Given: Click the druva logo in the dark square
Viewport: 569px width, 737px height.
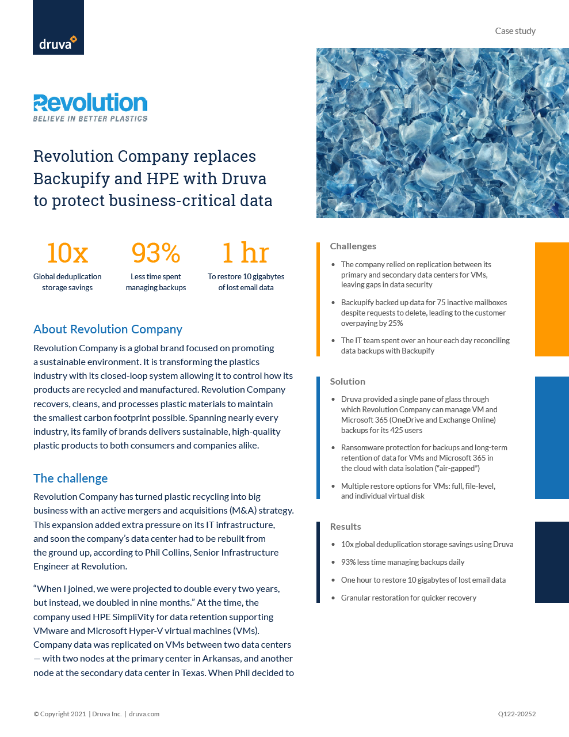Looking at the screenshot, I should coord(58,43).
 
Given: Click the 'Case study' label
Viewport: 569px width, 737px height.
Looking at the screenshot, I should coord(515,31).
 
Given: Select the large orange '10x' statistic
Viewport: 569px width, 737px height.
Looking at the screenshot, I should coord(67,253).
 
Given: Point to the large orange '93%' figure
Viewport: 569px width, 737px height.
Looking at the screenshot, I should coord(156,253).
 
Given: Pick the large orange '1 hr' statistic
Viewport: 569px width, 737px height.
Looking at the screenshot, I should coord(246,253).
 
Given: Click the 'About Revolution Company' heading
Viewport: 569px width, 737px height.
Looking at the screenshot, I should coord(108,329).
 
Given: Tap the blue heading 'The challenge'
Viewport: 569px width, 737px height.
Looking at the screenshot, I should coord(70,478).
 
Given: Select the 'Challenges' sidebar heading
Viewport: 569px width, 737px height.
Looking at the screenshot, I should coord(353,246).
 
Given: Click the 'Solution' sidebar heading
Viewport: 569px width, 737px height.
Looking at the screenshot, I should coord(347,382).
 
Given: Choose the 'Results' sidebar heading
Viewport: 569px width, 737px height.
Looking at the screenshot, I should coord(345,527).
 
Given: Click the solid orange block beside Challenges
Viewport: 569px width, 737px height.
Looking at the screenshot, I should coord(552,299).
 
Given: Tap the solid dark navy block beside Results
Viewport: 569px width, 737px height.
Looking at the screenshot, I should coord(552,562).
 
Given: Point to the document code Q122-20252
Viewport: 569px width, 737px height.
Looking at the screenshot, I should coord(517,714).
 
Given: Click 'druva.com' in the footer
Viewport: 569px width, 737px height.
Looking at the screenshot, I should coord(144,714).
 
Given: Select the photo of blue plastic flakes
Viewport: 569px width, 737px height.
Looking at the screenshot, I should coord(442,133).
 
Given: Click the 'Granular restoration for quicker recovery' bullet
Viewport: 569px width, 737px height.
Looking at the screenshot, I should coord(408,598).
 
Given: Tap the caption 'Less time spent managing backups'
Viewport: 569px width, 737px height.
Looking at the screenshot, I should coord(156,282).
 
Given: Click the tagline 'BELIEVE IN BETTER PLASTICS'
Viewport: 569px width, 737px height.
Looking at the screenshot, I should coord(90,119).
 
